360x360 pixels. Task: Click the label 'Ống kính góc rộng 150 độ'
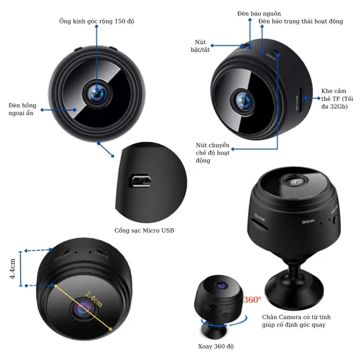96,21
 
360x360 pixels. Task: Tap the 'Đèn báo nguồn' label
259,13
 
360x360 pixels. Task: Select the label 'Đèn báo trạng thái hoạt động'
301,21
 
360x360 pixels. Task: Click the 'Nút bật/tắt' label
200,46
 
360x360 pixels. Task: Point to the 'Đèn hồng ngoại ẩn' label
22,109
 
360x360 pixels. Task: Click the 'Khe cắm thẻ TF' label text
337,99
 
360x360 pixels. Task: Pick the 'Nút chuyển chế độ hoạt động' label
213,153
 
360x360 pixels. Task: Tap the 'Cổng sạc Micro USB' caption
144,230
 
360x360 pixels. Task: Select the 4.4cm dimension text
12,269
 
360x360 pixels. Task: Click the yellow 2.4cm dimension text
94,299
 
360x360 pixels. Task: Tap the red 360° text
252,300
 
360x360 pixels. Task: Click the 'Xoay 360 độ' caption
216,346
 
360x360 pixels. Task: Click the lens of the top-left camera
97,94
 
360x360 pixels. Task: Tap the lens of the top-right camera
243,100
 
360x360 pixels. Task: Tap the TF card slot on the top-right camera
301,99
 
